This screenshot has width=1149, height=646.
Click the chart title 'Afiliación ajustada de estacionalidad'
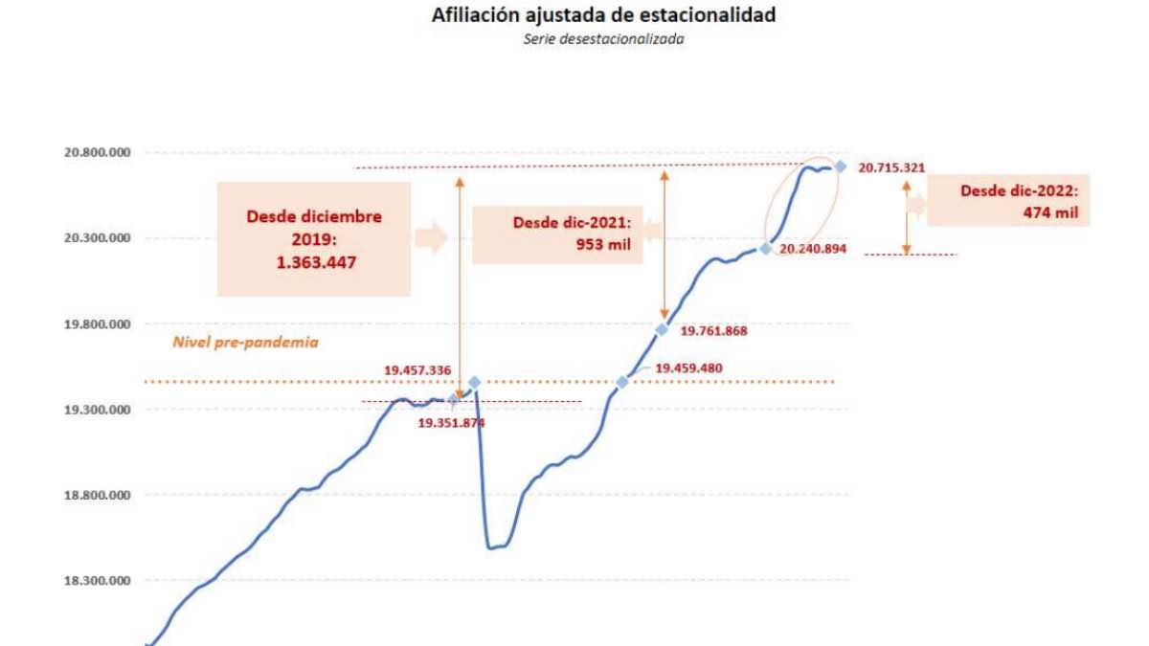coord(603,15)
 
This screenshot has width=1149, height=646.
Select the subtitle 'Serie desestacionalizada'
coord(603,39)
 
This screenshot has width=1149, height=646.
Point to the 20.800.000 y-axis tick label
coord(97,152)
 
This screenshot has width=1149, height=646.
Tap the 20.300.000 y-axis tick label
coord(97,238)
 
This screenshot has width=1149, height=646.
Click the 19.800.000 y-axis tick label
coord(97,324)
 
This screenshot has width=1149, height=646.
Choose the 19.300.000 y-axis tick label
coord(97,410)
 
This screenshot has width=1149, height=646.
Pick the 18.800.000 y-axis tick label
coord(97,496)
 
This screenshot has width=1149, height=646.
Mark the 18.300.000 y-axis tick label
coord(97,581)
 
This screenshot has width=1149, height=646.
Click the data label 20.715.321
coord(891,167)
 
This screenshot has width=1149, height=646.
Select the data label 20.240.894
coord(813,249)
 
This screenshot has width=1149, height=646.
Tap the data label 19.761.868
coord(713,331)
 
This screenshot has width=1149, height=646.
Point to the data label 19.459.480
coord(688,368)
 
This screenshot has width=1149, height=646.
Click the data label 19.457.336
coord(417,370)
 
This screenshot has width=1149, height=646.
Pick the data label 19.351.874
coord(451,423)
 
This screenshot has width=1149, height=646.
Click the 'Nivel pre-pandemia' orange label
coord(245,343)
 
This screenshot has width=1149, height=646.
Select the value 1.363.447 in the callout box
coord(316,262)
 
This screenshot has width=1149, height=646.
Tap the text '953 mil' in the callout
coord(603,244)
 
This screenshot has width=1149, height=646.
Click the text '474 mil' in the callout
coord(1050,212)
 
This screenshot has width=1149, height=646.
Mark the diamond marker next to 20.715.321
coord(841,167)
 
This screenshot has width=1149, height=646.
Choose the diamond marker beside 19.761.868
coord(663,329)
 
